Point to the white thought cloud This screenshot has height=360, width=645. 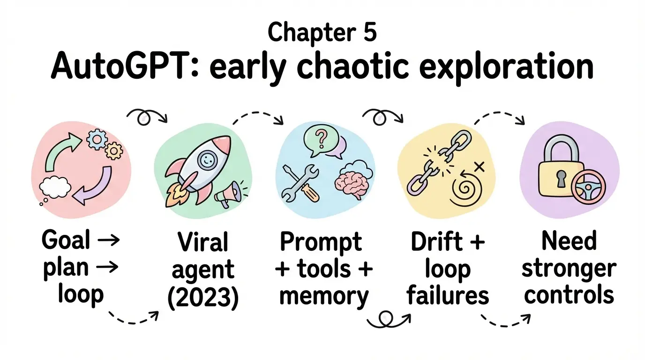(x=55, y=187)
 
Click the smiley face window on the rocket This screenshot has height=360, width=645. (x=206, y=159)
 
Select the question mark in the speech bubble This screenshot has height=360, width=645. (x=321, y=139)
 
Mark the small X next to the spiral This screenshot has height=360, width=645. (x=479, y=167)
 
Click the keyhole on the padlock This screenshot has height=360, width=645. (x=561, y=179)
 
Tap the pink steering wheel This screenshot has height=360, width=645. (x=588, y=187)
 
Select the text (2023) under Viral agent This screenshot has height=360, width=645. (x=203, y=297)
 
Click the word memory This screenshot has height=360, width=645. (x=324, y=296)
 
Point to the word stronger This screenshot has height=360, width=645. (x=569, y=270)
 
